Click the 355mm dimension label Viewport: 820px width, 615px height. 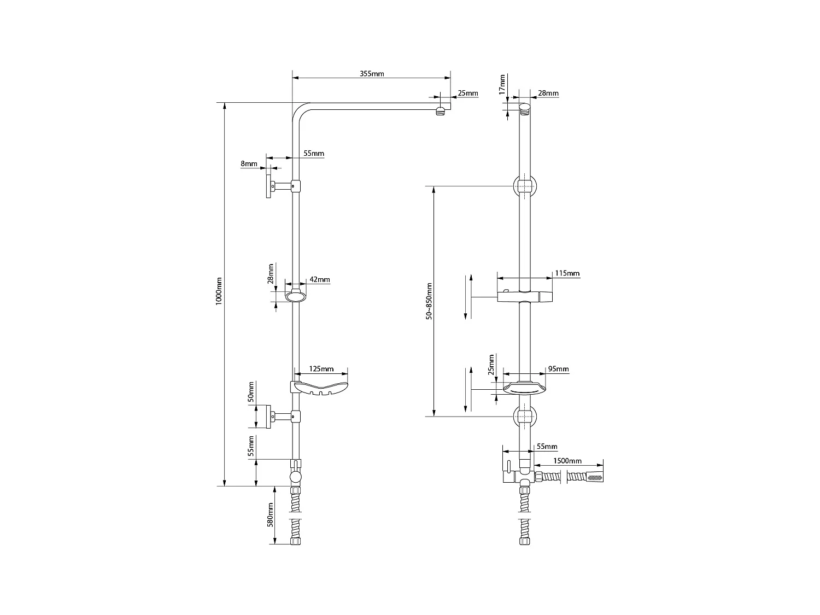372,74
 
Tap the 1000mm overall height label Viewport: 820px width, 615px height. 219,290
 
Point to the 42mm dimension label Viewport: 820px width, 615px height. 320,279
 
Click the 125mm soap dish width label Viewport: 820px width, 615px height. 321,369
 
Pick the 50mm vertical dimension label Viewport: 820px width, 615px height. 251,391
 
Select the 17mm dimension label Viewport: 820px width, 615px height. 502,86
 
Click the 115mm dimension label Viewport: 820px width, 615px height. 567,273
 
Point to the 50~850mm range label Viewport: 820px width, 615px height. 430,301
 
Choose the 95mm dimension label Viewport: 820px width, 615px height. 558,369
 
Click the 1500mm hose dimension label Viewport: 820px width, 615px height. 567,461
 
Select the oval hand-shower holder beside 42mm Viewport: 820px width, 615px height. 296,297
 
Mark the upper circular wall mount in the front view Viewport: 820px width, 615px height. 524,186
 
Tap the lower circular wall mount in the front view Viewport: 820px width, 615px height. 524,416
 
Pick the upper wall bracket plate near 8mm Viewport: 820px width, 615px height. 269,186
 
